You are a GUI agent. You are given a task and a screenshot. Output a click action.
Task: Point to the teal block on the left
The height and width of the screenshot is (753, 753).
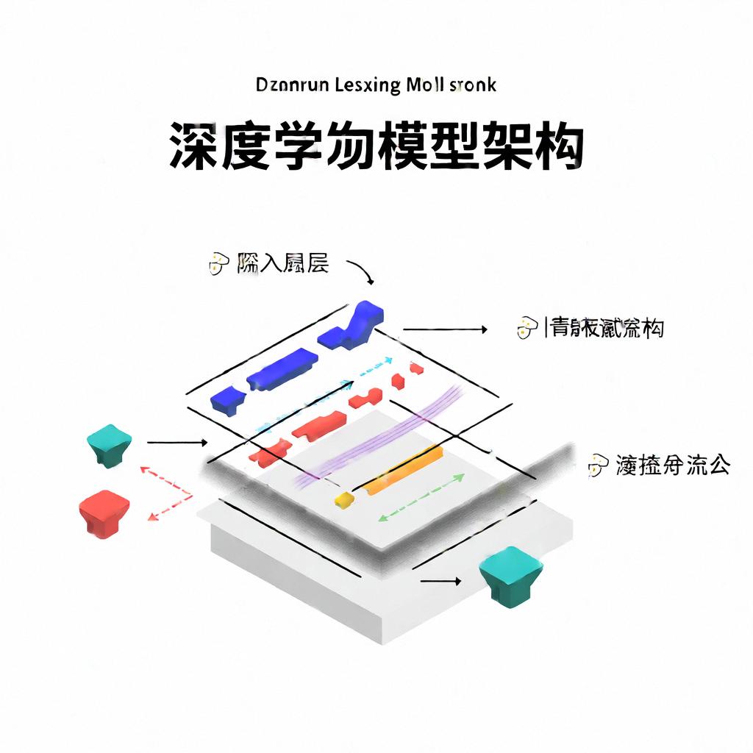coord(109,445)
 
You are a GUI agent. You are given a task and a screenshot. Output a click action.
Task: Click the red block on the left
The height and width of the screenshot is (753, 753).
coord(104,513)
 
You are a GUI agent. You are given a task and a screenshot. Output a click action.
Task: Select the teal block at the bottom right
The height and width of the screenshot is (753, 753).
coord(510,575)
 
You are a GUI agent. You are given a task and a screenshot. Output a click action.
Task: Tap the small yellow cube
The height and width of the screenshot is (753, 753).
coord(344,500)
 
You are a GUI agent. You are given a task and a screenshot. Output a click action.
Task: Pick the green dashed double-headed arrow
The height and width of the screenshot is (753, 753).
coord(421,498)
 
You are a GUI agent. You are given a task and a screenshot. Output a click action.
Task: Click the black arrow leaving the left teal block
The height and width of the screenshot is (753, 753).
coord(176,443)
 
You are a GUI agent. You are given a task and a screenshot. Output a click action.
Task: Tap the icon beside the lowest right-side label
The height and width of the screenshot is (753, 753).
coord(597,465)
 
